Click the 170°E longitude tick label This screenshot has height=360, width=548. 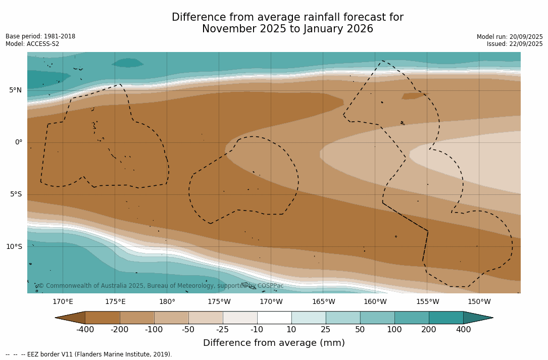[63, 302]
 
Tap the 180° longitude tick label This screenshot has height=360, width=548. [167, 302]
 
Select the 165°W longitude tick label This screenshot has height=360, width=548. [323, 302]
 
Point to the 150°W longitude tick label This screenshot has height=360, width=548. [479, 302]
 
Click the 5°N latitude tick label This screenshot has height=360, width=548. [15, 90]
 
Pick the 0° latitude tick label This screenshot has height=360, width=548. [18, 142]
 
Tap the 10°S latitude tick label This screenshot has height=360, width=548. [14, 246]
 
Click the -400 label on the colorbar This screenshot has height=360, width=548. [85, 330]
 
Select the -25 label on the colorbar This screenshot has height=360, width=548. [223, 330]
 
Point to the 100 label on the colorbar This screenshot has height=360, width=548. [394, 330]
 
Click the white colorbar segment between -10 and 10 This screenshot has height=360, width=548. [274, 318]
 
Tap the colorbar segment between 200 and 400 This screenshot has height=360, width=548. [446, 318]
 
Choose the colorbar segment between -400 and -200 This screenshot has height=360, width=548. [103, 318]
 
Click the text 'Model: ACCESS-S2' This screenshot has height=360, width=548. [32, 44]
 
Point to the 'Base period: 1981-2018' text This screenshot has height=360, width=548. [40, 36]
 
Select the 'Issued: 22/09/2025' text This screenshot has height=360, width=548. [515, 44]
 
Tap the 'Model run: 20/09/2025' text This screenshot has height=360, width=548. [510, 37]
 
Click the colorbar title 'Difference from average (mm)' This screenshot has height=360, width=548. [274, 343]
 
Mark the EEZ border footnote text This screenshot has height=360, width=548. [89, 354]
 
